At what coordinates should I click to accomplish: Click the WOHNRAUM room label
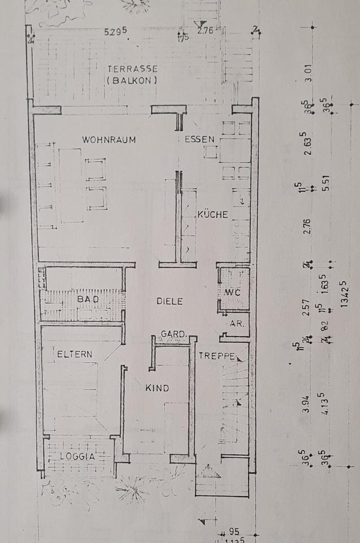(x=109, y=140)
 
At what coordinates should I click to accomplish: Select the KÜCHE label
(x=212, y=214)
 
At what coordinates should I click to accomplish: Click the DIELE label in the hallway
(x=170, y=301)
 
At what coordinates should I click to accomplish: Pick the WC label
(x=233, y=292)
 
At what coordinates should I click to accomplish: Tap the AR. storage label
(x=236, y=324)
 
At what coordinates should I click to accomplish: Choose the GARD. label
(x=174, y=334)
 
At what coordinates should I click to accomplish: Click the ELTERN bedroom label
(x=75, y=355)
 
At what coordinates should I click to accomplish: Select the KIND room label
(x=157, y=389)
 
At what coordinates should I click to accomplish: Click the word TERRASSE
(x=132, y=69)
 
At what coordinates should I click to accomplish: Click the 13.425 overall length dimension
(x=345, y=307)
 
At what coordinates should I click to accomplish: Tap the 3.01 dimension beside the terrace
(x=324, y=72)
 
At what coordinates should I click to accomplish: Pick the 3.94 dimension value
(x=306, y=401)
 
